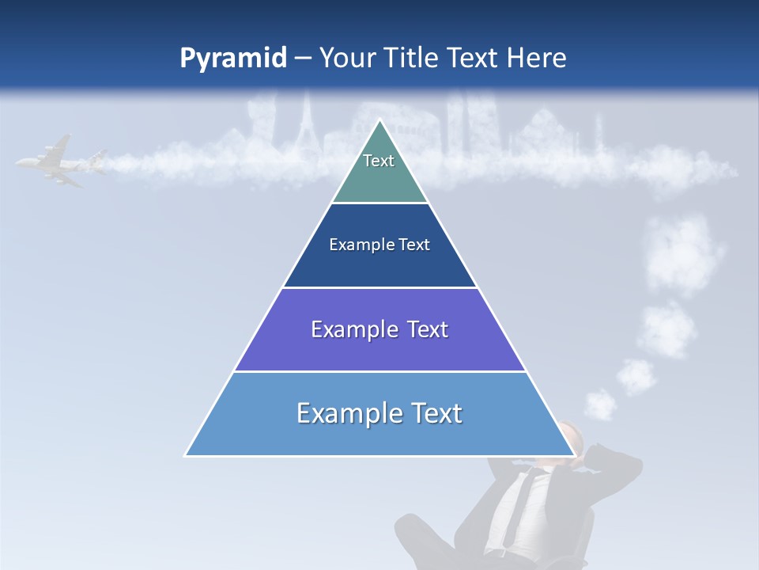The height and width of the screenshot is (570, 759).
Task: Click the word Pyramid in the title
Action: pos(233,58)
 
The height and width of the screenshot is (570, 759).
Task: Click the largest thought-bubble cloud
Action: pos(683,253)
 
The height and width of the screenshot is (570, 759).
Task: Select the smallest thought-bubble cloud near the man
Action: pos(601,405)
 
